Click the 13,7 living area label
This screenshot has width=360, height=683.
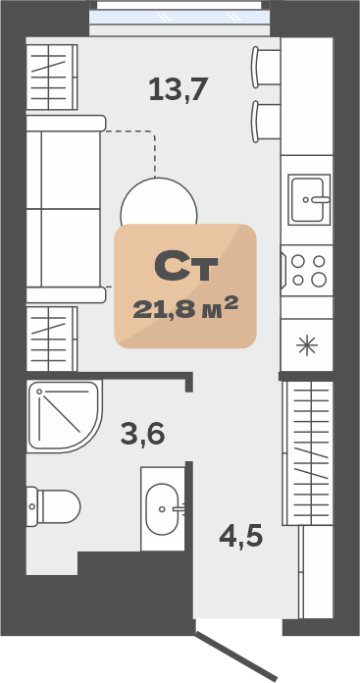click(179, 89)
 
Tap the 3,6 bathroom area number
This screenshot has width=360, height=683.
click(142, 434)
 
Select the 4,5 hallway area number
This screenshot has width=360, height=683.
click(241, 536)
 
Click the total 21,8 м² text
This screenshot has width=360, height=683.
click(185, 307)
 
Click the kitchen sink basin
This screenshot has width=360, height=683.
click(309, 199)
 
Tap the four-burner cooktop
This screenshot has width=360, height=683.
click(307, 271)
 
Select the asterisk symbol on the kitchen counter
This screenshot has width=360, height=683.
click(307, 345)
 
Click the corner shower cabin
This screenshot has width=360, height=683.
click(65, 416)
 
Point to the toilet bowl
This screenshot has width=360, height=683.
click(53, 506)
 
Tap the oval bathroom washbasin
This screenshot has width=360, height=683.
click(162, 508)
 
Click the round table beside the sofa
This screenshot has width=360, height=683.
click(159, 201)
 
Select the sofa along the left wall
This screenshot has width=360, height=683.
click(66, 209)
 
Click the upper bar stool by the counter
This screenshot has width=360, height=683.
click(266, 67)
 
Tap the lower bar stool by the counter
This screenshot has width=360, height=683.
click(266, 122)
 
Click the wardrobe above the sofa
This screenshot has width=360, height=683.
click(52, 78)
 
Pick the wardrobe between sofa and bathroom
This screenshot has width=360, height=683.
click(52, 339)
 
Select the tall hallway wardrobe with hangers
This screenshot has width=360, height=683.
click(307, 453)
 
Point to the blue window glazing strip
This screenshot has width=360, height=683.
click(180, 18)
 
